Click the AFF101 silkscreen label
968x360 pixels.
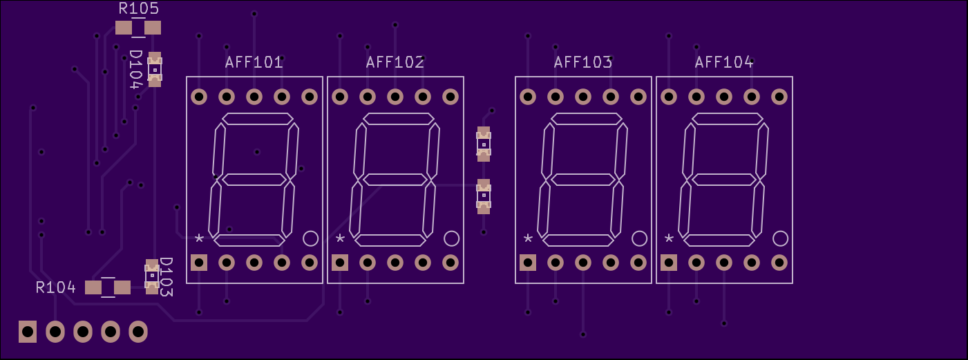coord(254,62)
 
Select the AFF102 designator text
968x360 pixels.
coord(395,62)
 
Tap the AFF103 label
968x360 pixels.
coord(583,62)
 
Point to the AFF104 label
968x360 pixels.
coord(724,62)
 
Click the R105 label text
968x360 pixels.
coord(139,8)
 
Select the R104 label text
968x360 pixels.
coord(56,287)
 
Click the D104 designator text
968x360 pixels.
coord(135,69)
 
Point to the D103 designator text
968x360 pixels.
coord(166,277)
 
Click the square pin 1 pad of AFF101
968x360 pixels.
coord(199,263)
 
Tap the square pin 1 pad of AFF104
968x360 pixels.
coord(669,263)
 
